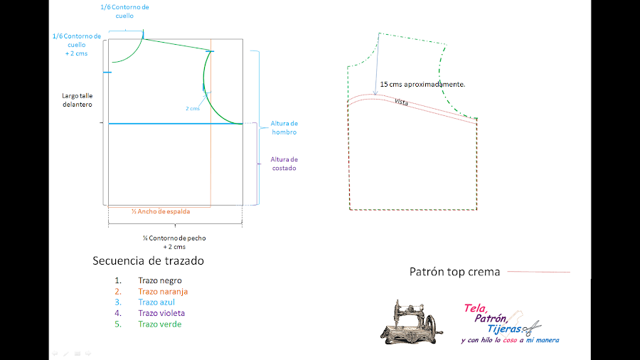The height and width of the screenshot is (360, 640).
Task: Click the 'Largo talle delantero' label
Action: (x=78, y=100)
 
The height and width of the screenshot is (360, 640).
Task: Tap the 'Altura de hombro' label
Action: (x=283, y=128)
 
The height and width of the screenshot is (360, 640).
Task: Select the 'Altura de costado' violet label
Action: (x=284, y=164)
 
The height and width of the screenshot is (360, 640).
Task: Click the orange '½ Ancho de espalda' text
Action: (x=161, y=211)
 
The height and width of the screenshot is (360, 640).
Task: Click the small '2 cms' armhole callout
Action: (x=193, y=108)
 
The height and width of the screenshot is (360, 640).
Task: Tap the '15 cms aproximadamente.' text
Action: (x=422, y=84)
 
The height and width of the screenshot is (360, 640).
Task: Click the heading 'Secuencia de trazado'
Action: (x=148, y=260)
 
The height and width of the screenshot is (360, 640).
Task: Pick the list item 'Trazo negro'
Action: (x=160, y=281)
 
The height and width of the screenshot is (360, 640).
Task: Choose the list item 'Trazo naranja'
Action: (x=163, y=292)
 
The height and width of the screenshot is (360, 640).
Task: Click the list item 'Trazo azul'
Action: (x=156, y=302)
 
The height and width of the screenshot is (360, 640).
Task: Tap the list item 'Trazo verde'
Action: (x=159, y=324)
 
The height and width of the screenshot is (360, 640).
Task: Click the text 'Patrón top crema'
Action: (x=455, y=272)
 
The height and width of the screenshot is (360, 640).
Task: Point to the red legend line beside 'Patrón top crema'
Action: (x=540, y=272)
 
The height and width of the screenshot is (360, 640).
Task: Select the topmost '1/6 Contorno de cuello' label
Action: (x=125, y=11)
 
